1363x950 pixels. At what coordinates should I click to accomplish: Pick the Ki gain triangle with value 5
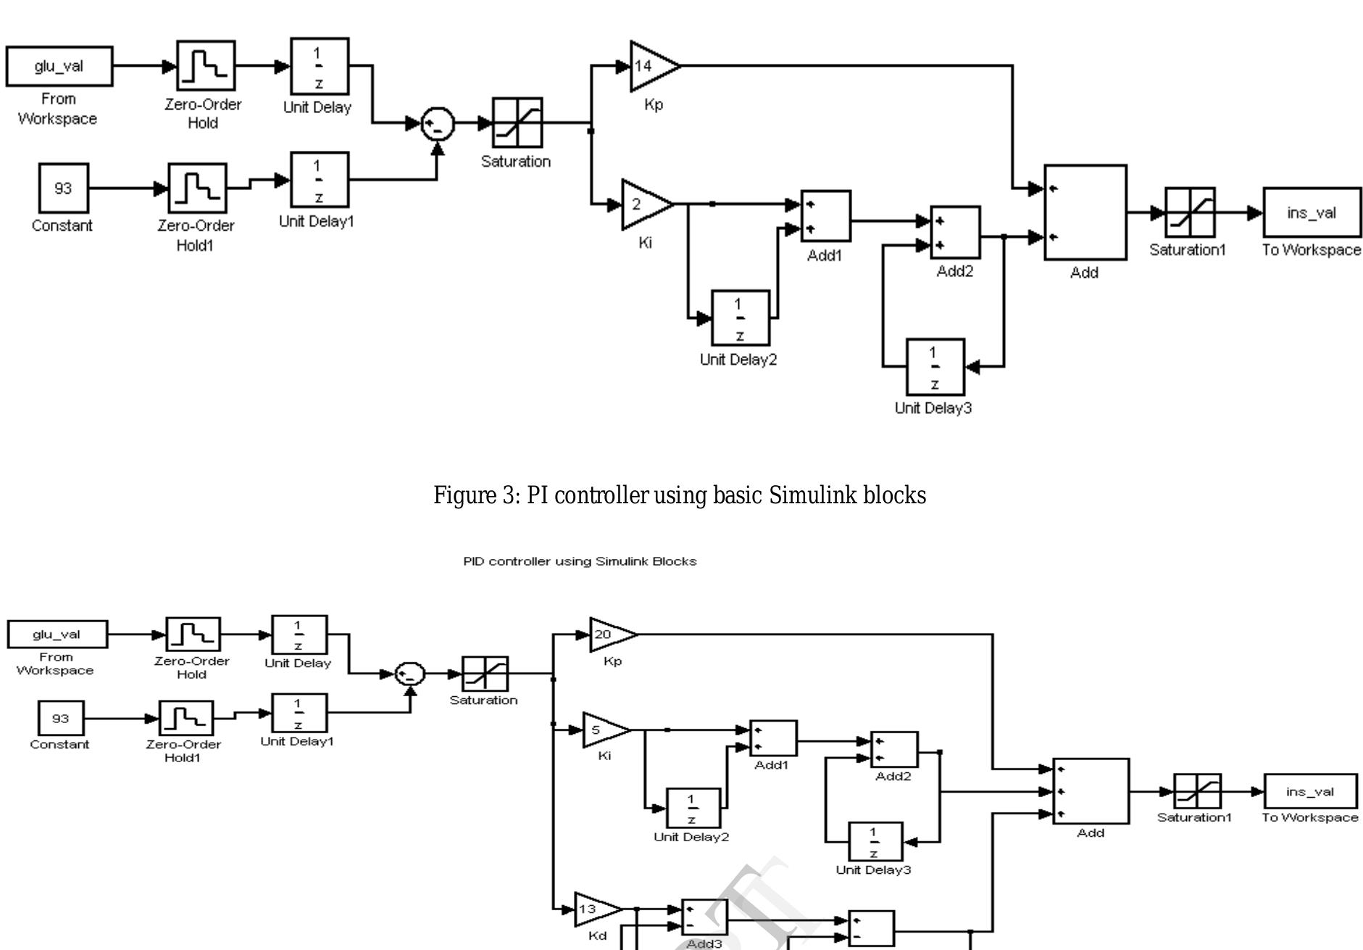click(x=602, y=730)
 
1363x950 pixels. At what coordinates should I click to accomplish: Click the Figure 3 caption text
click(x=680, y=495)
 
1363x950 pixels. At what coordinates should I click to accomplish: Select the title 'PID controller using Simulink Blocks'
click(x=580, y=561)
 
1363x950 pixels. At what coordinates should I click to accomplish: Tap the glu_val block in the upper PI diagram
click(x=59, y=66)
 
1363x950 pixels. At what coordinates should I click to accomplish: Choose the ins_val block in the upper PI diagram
click(x=1312, y=212)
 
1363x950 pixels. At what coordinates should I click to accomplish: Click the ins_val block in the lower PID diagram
click(x=1310, y=791)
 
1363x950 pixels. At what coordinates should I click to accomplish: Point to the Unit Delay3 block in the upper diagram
click(x=935, y=367)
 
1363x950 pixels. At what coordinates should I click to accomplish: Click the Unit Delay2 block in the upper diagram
click(x=740, y=318)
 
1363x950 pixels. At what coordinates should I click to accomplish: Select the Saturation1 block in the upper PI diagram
click(x=1189, y=212)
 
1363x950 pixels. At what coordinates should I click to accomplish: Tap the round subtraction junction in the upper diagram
click(x=438, y=124)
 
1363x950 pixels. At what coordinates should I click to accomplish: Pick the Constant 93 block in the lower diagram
click(x=61, y=719)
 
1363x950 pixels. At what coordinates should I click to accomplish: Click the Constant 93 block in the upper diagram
click(x=63, y=189)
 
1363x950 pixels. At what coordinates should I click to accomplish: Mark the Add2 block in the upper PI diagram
click(x=954, y=233)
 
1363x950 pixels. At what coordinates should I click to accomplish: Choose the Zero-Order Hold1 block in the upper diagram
click(x=197, y=188)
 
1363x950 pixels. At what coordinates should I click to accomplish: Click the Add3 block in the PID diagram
click(x=704, y=918)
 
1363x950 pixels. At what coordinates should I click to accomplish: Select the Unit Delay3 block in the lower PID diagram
click(x=875, y=841)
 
